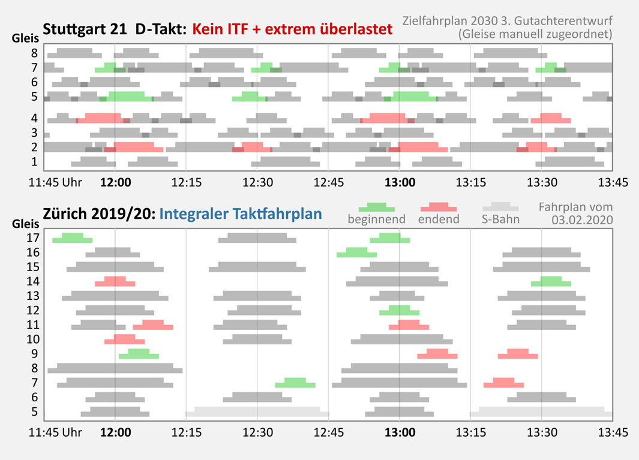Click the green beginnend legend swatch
point(376,208)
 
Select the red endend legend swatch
point(439,208)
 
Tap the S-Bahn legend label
point(501,220)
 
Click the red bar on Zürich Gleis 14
point(115,282)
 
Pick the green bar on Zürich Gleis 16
point(356,252)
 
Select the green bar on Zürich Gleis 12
point(399,311)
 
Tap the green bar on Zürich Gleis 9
point(139,354)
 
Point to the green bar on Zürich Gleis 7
point(295,383)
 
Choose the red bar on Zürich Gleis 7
point(503,383)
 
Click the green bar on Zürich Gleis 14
point(551,282)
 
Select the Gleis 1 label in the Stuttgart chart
point(35,161)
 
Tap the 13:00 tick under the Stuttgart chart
point(400,182)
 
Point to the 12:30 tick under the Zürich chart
point(257,432)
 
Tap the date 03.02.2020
point(581,220)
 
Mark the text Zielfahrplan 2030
point(460,21)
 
